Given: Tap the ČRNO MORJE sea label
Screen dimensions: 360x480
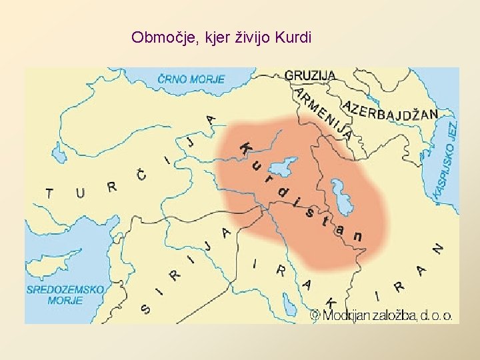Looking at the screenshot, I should pos(191,79).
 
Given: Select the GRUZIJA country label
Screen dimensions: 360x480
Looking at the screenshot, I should pos(310,75).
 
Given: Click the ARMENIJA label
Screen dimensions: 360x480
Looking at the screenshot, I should pos(324,113).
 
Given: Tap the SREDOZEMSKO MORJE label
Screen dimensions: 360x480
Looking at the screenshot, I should pos(65,295).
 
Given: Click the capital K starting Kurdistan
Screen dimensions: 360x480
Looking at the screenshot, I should pos(246,148).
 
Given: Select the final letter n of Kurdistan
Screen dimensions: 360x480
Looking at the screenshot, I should pos(358,236).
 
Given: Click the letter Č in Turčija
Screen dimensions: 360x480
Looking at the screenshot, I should pos(141,175).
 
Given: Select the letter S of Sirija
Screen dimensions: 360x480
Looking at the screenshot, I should pos(145,309).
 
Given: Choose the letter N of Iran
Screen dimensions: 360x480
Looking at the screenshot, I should pos(437,247).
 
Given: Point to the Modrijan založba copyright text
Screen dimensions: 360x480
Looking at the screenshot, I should pos(382,315).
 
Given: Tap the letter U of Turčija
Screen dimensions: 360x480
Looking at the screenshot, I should pos(80,193).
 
